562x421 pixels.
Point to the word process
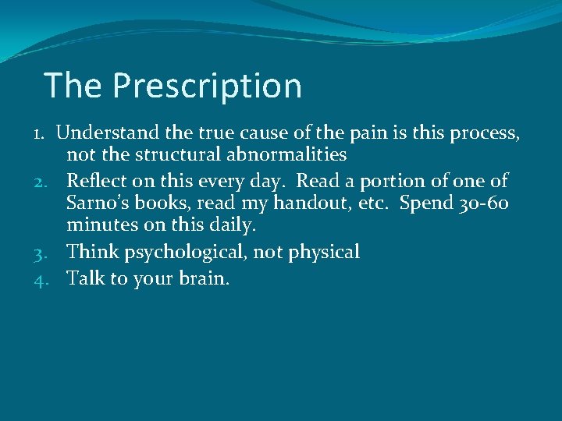click(484, 133)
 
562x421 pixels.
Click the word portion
click(379, 181)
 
